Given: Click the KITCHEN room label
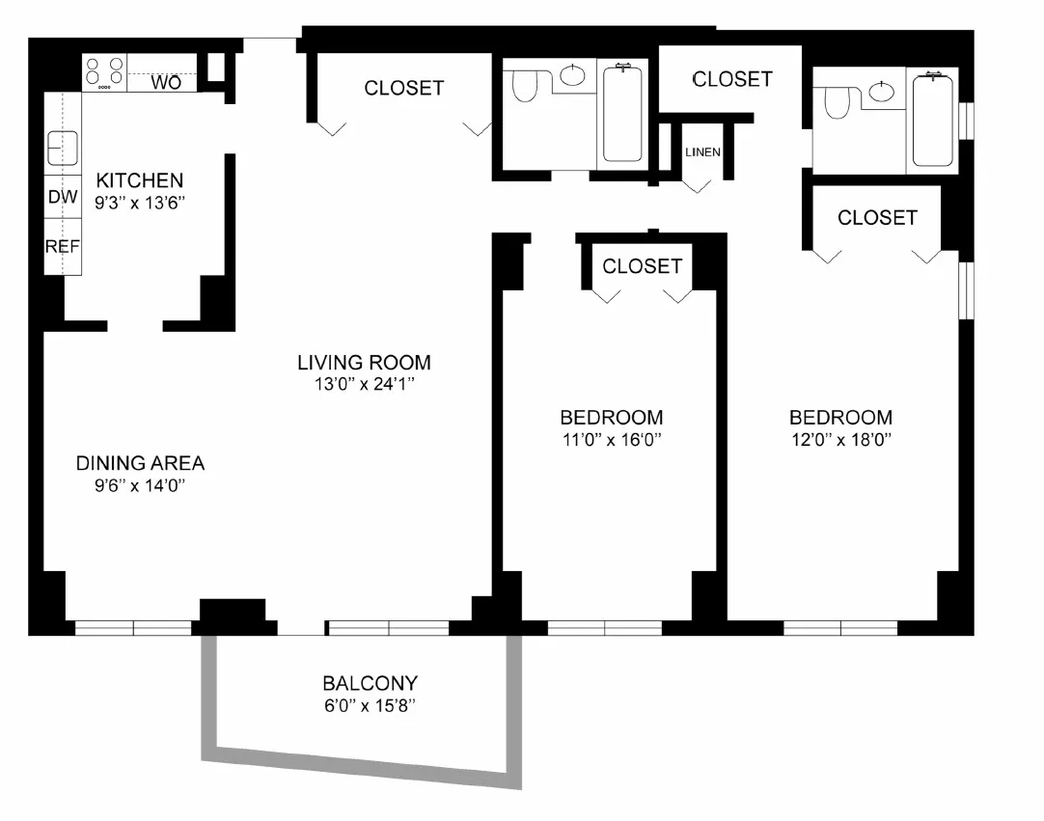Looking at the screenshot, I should (x=139, y=180).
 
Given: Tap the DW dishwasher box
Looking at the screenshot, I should (x=63, y=198).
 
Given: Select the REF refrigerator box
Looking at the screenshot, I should (x=63, y=246).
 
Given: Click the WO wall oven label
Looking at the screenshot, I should (x=166, y=83).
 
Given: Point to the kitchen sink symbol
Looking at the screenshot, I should (x=63, y=149).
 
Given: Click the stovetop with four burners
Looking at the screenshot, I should (x=104, y=72).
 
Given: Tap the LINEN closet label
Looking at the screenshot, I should (x=702, y=152).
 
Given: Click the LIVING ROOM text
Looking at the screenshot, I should (x=364, y=363).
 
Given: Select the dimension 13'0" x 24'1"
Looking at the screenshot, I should (x=364, y=384).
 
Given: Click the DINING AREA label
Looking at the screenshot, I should (x=140, y=463).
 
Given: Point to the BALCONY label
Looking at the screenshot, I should (x=370, y=683).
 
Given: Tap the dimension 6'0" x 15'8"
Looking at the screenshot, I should (x=370, y=705).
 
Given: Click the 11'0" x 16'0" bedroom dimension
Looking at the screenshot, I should (x=611, y=440).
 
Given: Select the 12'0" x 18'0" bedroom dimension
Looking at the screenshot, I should (x=840, y=440).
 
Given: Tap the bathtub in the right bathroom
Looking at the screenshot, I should (x=932, y=121).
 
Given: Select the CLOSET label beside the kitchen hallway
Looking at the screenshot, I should (x=403, y=88).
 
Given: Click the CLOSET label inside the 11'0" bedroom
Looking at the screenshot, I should (x=642, y=265).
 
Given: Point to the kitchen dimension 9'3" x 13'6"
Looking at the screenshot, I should (x=139, y=203).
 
